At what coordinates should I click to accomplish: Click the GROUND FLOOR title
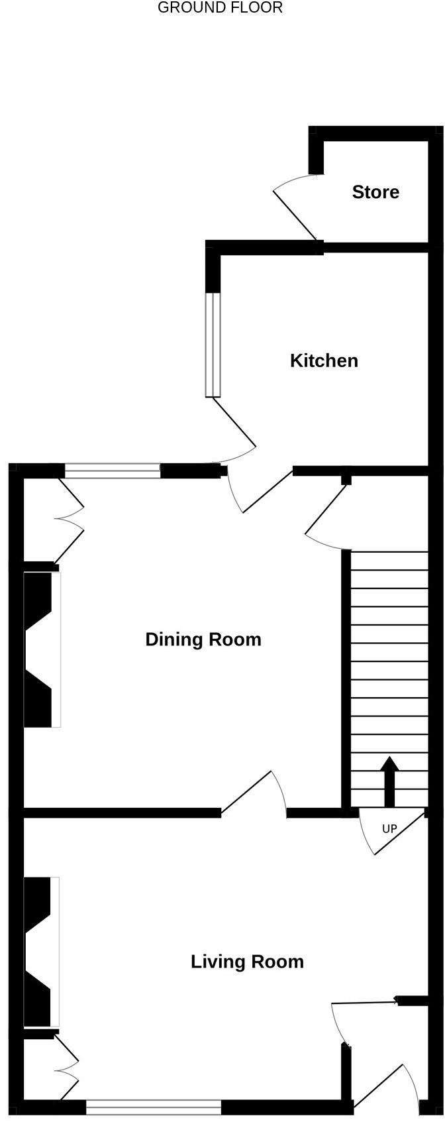(x=220, y=8)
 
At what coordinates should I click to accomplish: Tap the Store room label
(x=375, y=192)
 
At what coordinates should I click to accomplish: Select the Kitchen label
(x=324, y=361)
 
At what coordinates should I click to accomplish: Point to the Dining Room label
(x=203, y=640)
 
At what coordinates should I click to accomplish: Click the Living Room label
(x=247, y=962)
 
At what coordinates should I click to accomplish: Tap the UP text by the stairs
(x=389, y=829)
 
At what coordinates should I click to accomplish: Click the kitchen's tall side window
(x=213, y=345)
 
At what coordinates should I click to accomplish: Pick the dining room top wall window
(x=113, y=471)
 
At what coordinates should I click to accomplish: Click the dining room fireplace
(x=41, y=649)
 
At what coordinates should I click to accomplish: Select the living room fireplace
(x=40, y=952)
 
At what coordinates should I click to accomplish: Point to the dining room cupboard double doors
(x=70, y=520)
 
